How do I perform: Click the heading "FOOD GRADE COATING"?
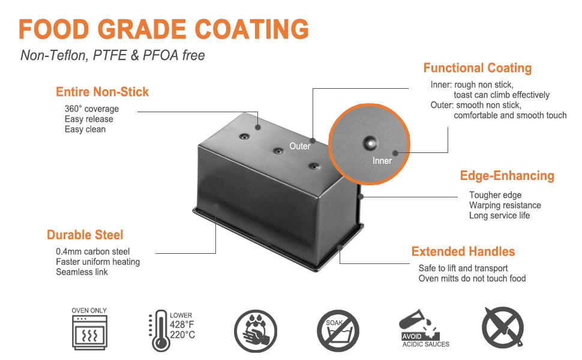click(x=164, y=28)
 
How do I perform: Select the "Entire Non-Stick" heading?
click(x=102, y=92)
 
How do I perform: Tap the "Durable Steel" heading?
click(x=85, y=235)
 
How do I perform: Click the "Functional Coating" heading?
click(x=478, y=68)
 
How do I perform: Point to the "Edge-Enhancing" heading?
click(x=507, y=176)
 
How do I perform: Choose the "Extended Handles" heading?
click(x=463, y=251)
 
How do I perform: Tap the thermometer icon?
click(x=160, y=330)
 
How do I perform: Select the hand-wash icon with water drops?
click(x=256, y=331)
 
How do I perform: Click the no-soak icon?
click(x=338, y=331)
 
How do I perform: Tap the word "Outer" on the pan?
click(x=300, y=146)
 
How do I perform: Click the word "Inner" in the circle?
click(x=382, y=160)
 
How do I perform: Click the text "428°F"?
click(x=182, y=325)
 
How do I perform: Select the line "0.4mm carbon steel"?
click(x=92, y=251)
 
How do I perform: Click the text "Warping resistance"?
click(x=505, y=205)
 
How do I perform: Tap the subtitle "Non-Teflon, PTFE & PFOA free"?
click(x=113, y=56)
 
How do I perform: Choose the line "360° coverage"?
click(x=92, y=109)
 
